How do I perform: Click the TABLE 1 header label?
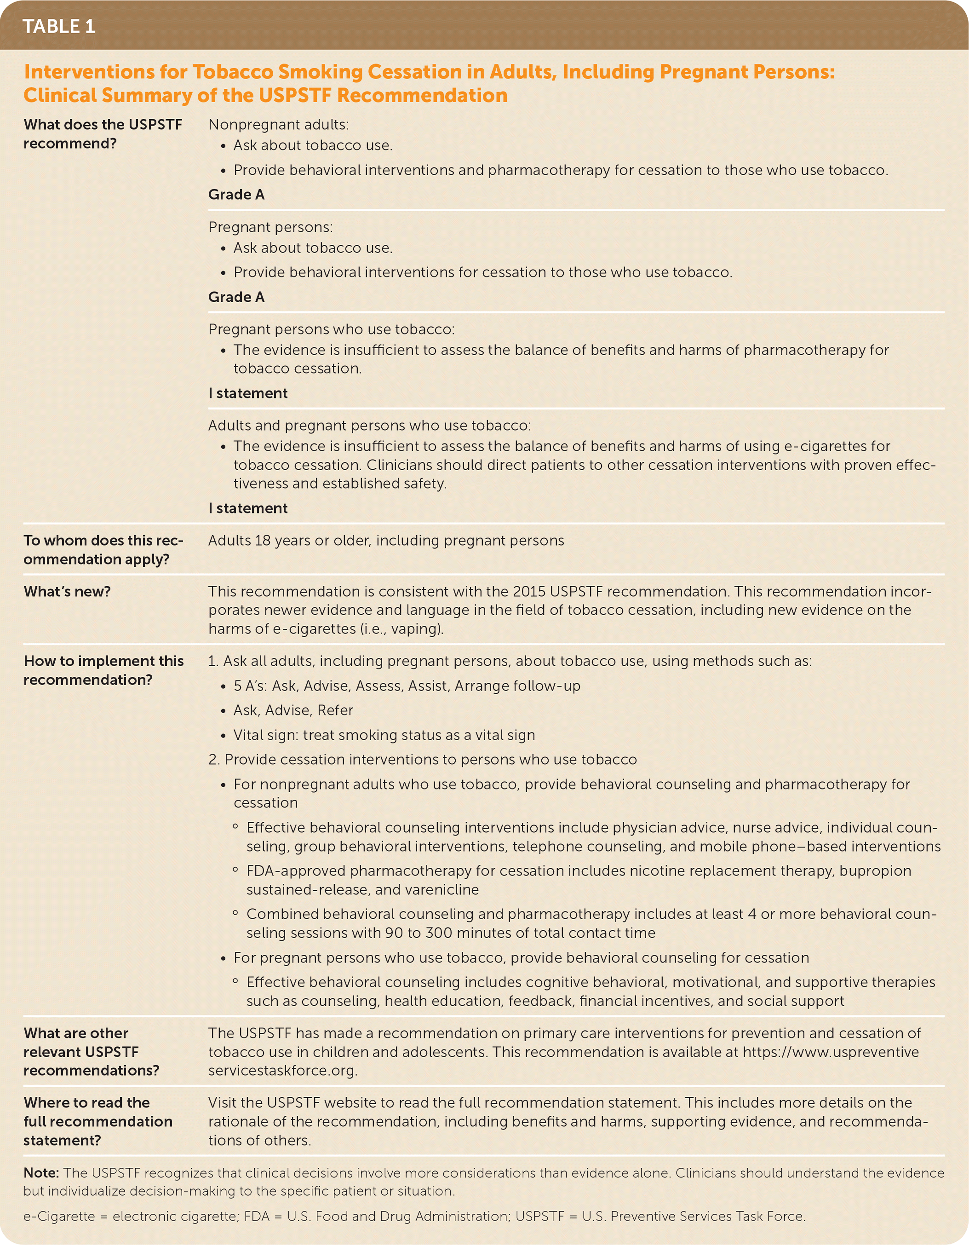[59, 26]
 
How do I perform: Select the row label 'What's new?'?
[67, 591]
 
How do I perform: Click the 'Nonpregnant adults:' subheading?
[279, 124]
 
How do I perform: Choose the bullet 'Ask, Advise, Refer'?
[293, 710]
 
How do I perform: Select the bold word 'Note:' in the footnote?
[41, 1173]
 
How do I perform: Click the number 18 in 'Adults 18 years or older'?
[263, 541]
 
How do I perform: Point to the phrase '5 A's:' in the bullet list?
[251, 686]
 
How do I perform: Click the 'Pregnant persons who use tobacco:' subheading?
[332, 329]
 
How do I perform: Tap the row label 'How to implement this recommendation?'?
[103, 670]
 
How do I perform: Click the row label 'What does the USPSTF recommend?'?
[103, 133]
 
